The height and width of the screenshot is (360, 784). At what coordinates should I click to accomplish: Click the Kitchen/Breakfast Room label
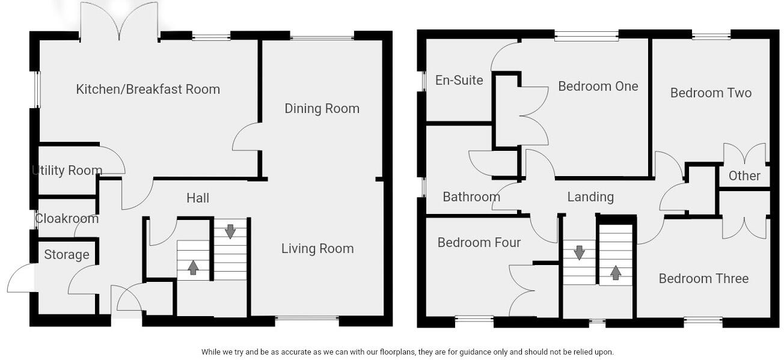pyautogui.click(x=148, y=90)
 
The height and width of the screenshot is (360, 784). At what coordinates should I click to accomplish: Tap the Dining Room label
pyautogui.click(x=322, y=109)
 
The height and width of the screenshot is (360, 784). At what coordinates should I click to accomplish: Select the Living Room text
pyautogui.click(x=317, y=249)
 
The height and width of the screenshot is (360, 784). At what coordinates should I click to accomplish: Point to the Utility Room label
pyautogui.click(x=67, y=171)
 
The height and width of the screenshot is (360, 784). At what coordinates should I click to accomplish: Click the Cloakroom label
pyautogui.click(x=67, y=219)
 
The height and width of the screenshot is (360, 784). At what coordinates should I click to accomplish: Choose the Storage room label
pyautogui.click(x=67, y=255)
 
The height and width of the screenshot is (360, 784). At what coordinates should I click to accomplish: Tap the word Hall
pyautogui.click(x=198, y=198)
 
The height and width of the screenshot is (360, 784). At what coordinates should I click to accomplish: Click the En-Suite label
pyautogui.click(x=459, y=81)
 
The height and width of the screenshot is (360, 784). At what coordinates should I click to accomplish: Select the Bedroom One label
pyautogui.click(x=598, y=87)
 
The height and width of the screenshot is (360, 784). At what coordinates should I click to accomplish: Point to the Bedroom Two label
pyautogui.click(x=711, y=93)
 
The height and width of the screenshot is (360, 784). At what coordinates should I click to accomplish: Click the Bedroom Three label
pyautogui.click(x=703, y=279)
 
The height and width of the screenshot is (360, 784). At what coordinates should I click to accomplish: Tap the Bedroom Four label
pyautogui.click(x=479, y=243)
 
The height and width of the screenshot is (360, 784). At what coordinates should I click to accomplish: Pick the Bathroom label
pyautogui.click(x=471, y=197)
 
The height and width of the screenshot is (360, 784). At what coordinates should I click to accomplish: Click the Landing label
pyautogui.click(x=590, y=197)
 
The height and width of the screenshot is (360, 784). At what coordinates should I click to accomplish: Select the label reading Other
pyautogui.click(x=744, y=176)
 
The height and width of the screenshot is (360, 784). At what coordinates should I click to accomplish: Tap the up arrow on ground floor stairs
pyautogui.click(x=193, y=267)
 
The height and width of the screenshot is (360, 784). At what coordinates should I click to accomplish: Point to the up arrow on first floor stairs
pyautogui.click(x=616, y=272)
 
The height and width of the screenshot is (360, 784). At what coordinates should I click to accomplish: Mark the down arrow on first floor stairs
pyautogui.click(x=579, y=252)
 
